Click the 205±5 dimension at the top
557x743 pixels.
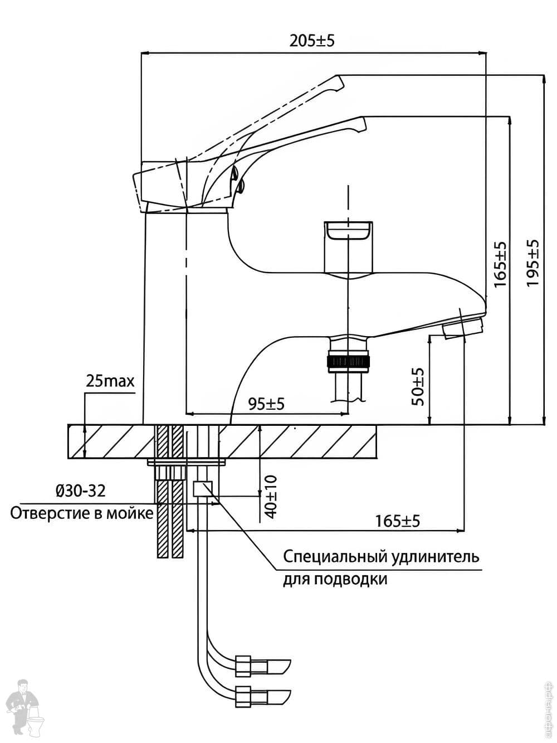[312, 41]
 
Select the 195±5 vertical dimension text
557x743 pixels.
[533, 263]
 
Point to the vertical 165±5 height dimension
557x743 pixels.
[500, 264]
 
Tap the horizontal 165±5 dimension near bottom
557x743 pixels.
[397, 521]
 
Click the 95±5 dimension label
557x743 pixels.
[266, 404]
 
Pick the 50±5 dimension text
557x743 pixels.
[418, 386]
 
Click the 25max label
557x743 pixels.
[110, 381]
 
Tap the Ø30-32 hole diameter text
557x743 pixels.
[80, 491]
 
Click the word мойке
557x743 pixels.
[133, 513]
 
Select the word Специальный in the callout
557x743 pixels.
[333, 556]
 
